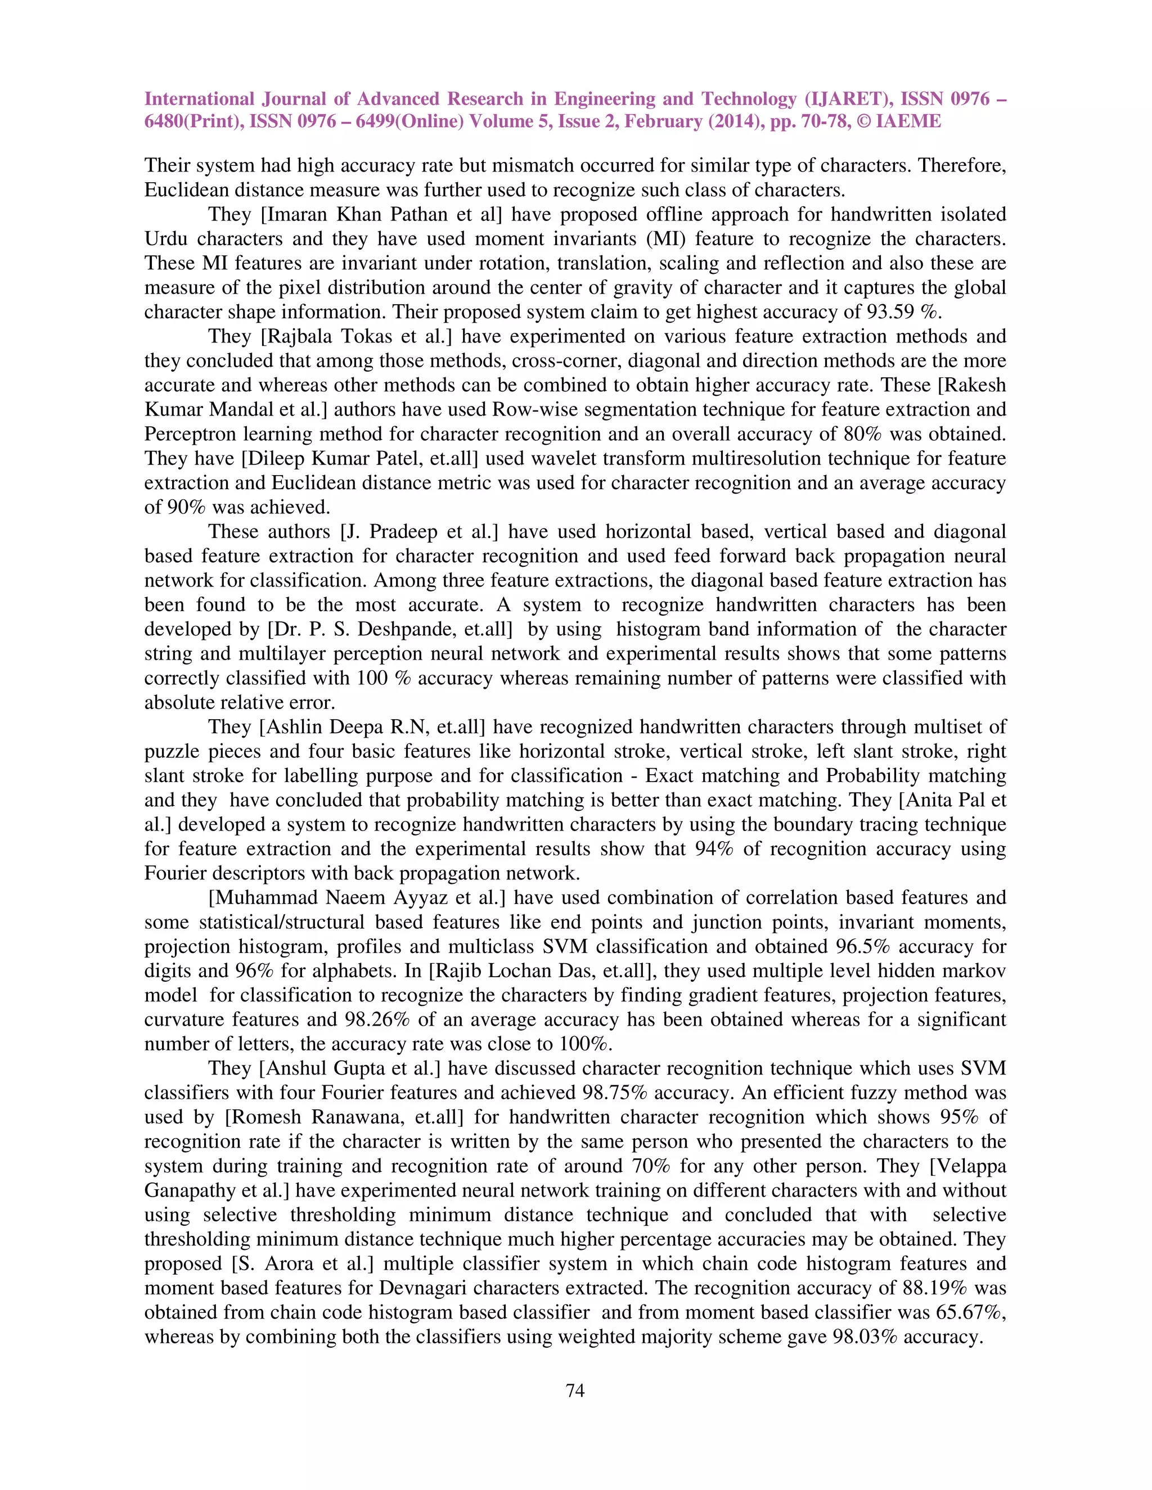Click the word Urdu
coord(166,240)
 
